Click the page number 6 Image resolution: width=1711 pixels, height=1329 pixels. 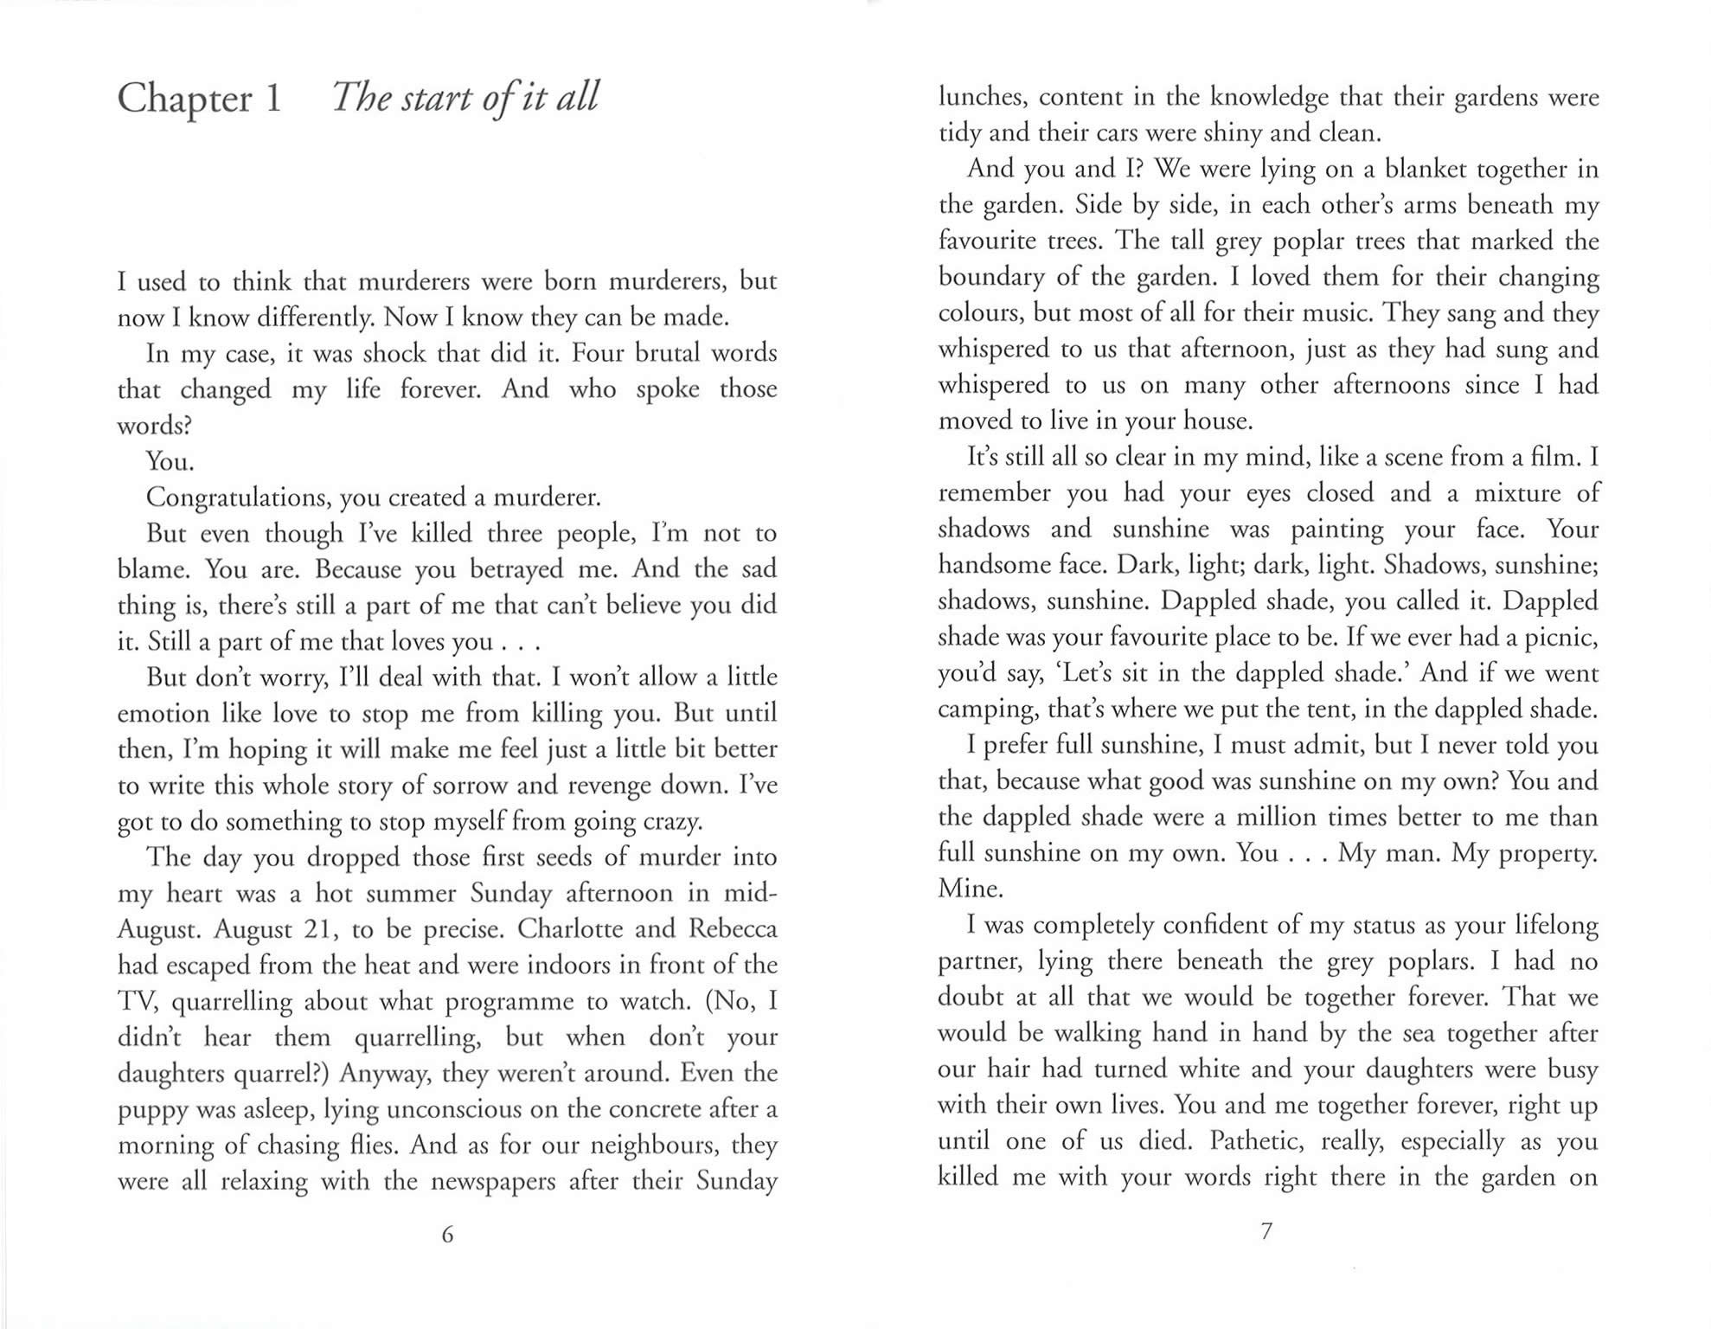(447, 1235)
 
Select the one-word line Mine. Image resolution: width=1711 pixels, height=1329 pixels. (958, 889)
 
